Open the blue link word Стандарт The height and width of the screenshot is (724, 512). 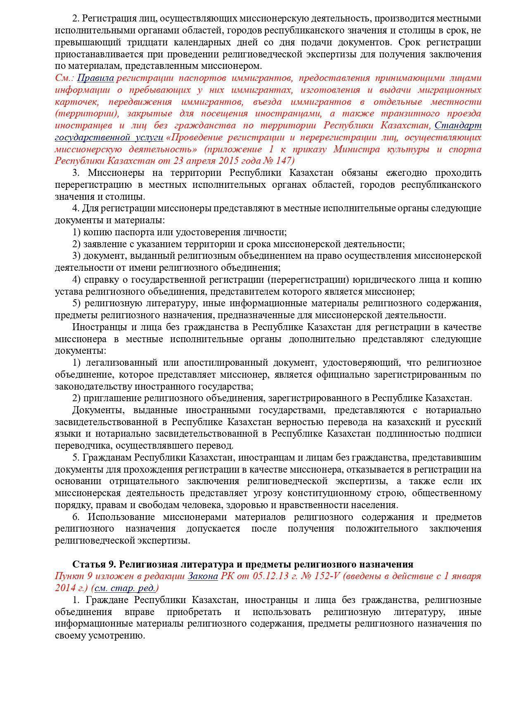point(458,125)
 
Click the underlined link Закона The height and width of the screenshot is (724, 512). point(202,576)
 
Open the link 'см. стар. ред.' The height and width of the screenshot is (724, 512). point(125,588)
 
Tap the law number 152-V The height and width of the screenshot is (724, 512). point(325,576)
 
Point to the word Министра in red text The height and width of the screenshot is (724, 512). point(358,149)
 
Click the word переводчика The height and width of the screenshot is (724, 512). point(83,446)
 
